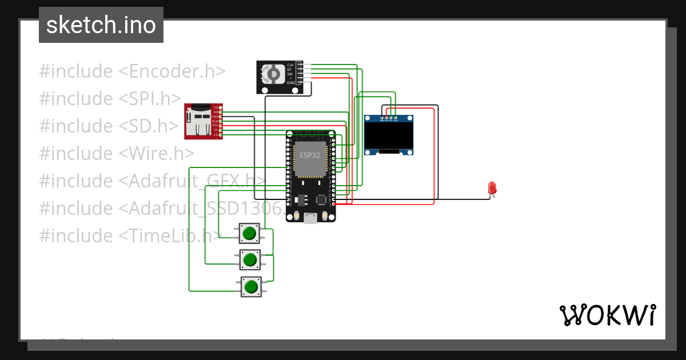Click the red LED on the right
click(x=492, y=188)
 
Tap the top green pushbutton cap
click(x=249, y=233)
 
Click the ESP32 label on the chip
click(x=310, y=155)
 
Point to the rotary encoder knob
click(x=273, y=73)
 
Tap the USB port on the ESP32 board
click(x=310, y=218)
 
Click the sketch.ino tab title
click(x=101, y=25)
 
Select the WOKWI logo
click(x=607, y=315)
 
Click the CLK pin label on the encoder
click(x=290, y=65)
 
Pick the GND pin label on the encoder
click(x=290, y=83)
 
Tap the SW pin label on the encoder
click(x=290, y=74)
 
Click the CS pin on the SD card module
click(x=216, y=135)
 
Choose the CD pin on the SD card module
click(x=216, y=107)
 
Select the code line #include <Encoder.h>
click(x=132, y=71)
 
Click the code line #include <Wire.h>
click(x=117, y=154)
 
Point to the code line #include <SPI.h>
click(x=110, y=99)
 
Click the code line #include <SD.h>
click(x=109, y=126)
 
